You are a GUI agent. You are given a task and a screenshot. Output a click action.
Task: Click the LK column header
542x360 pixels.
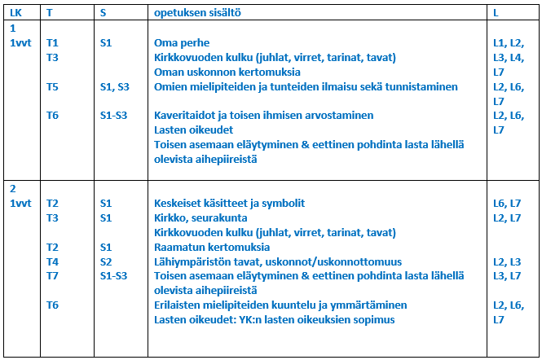(15, 13)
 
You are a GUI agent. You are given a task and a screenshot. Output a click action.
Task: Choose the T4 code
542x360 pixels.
(52, 261)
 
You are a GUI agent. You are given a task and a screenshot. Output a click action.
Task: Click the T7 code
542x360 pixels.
(52, 276)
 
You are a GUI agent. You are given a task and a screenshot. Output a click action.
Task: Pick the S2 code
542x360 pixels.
(106, 261)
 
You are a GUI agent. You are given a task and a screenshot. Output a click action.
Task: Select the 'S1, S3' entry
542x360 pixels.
(114, 86)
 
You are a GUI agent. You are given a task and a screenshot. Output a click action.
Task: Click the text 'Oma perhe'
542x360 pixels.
(182, 42)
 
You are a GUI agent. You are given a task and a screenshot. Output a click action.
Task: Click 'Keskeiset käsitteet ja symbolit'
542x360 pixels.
(229, 203)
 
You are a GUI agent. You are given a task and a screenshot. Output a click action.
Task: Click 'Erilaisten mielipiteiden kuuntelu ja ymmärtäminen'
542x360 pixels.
(280, 305)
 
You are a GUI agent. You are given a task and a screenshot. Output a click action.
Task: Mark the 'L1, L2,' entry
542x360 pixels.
(508, 42)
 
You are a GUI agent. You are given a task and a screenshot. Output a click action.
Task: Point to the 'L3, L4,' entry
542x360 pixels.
(508, 57)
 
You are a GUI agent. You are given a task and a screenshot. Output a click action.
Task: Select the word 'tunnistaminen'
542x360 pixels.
(421, 86)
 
